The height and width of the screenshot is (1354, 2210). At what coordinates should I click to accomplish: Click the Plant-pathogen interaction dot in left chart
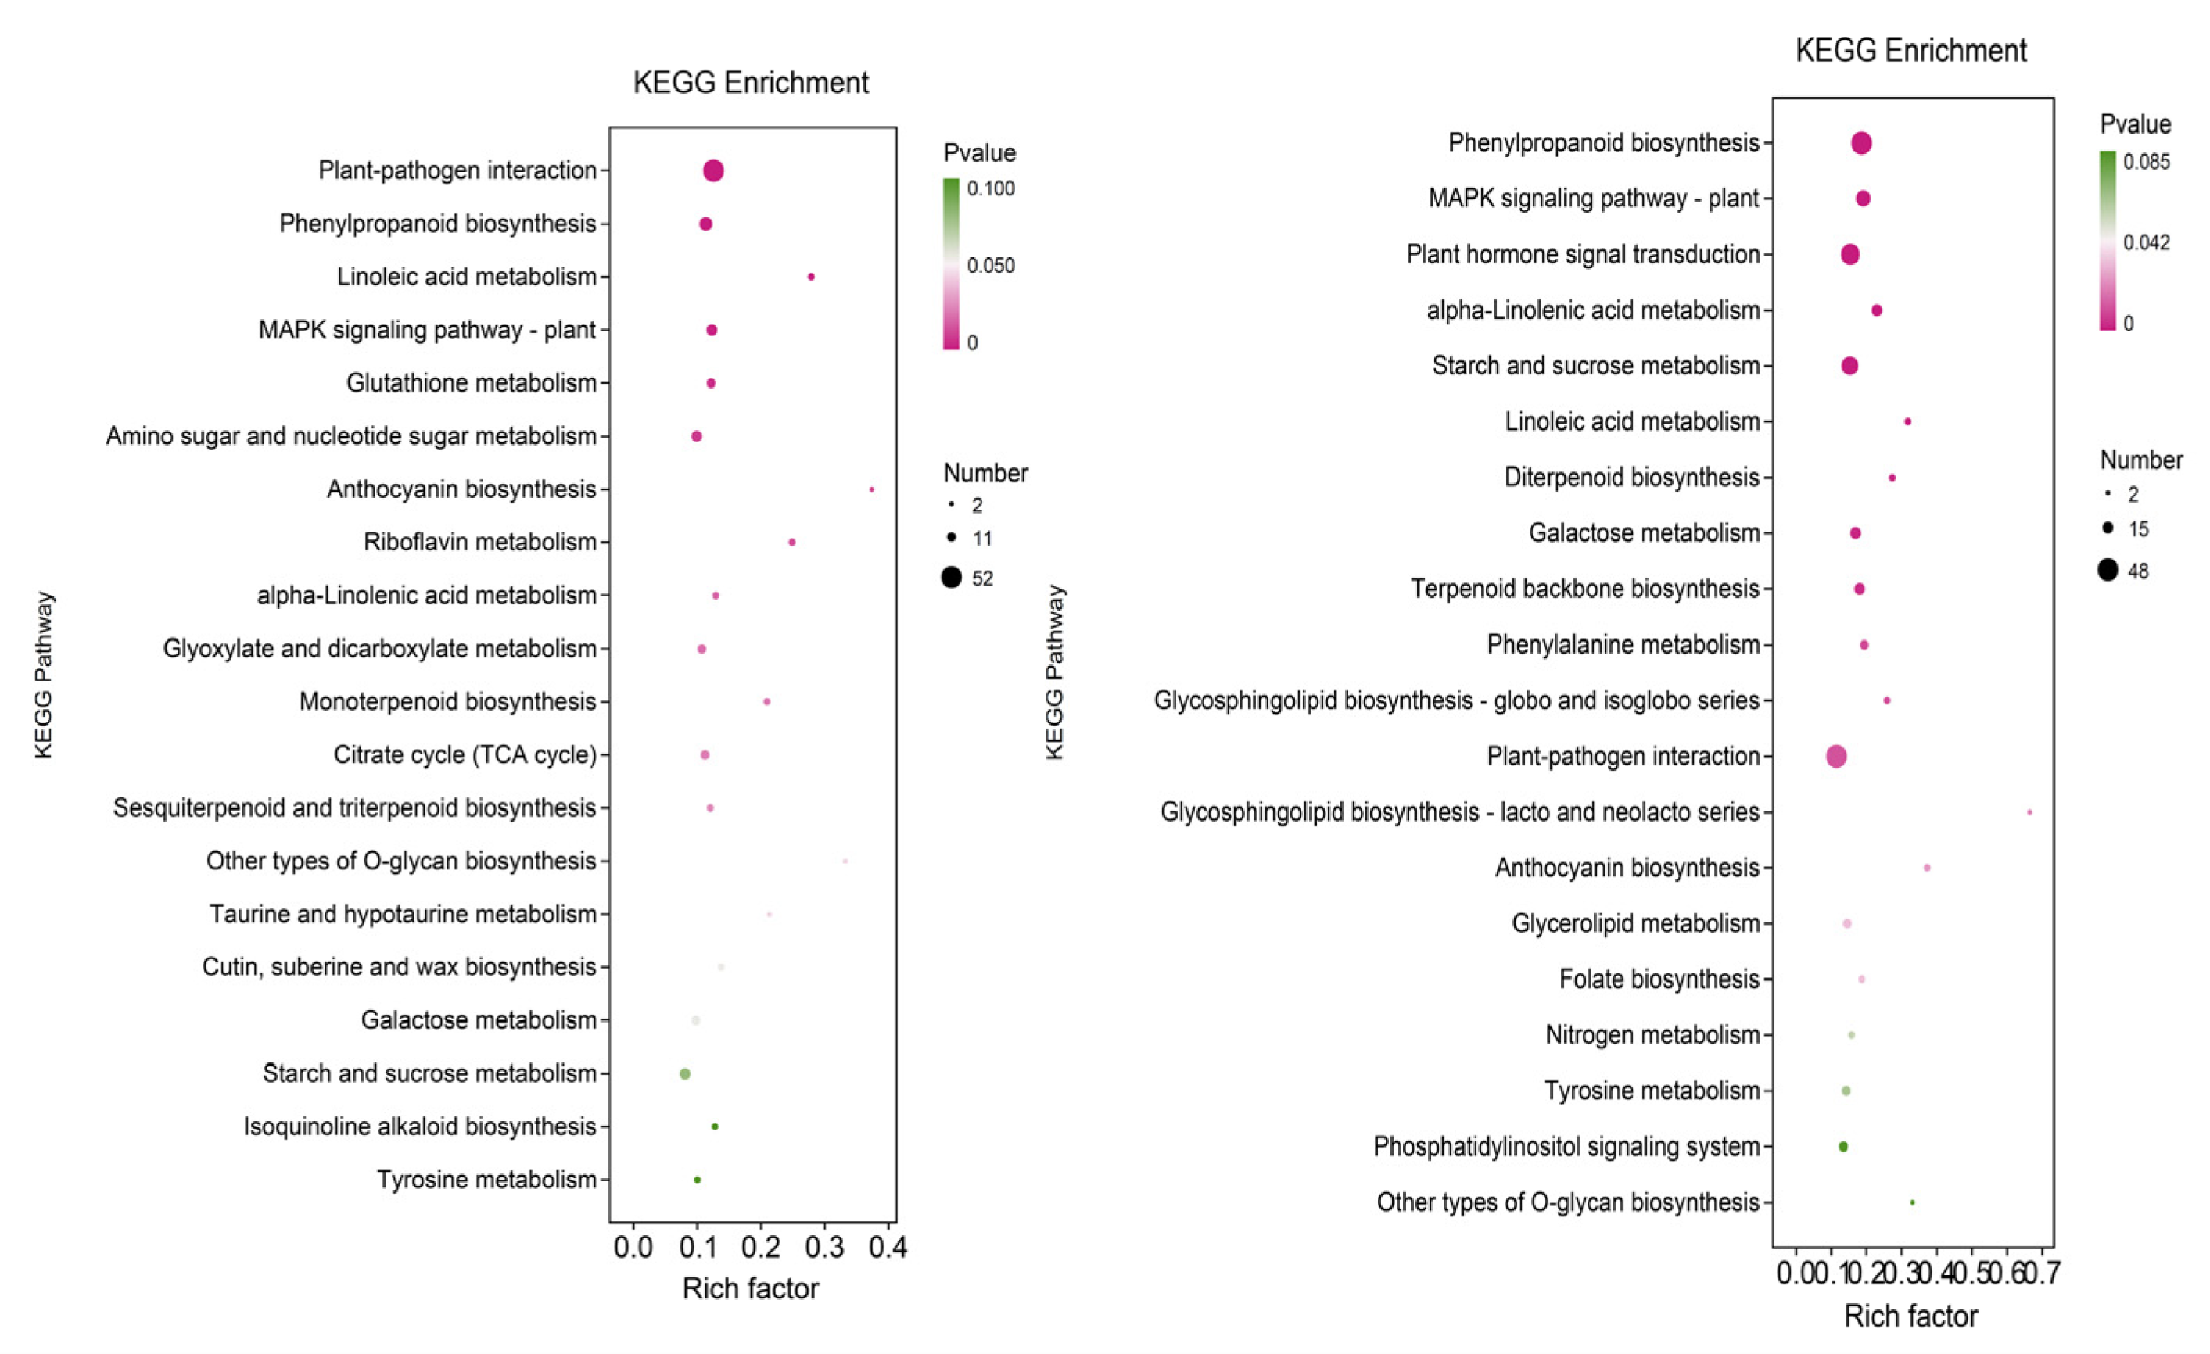coord(713,170)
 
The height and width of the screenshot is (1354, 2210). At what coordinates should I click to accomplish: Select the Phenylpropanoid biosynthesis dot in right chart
coord(1861,142)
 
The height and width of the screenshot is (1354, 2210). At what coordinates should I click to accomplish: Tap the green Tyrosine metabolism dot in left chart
coord(697,1180)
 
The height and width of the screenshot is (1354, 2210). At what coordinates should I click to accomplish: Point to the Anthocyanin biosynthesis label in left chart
coord(461,489)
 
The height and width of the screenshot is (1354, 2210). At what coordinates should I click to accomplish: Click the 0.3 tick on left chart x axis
coord(824,1248)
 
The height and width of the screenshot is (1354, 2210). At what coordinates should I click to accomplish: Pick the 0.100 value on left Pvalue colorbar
coord(991,188)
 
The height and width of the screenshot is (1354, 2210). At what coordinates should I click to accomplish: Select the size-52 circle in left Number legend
coord(952,578)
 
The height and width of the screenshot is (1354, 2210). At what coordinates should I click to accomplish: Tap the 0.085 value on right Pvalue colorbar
coord(2147,163)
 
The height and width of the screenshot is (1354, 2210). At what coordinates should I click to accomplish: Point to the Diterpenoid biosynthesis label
coord(1631,477)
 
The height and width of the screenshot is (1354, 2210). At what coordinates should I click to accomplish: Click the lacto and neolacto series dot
coord(2029,812)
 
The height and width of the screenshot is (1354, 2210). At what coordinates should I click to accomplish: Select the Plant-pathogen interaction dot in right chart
coord(1836,756)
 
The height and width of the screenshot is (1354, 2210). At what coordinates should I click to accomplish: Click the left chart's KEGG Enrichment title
coord(751,83)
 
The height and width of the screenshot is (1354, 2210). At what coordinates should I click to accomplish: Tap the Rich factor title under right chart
coord(1910,1316)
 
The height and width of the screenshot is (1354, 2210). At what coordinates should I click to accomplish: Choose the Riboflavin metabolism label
coord(480,542)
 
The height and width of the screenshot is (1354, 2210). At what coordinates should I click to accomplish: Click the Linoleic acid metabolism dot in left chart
coord(811,277)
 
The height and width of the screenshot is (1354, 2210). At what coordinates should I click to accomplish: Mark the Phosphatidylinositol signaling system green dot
coord(1843,1147)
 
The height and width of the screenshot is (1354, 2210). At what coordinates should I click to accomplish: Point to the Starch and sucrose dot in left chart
coord(685,1073)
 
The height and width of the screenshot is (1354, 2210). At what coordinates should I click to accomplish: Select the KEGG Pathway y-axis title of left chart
coord(43,675)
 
